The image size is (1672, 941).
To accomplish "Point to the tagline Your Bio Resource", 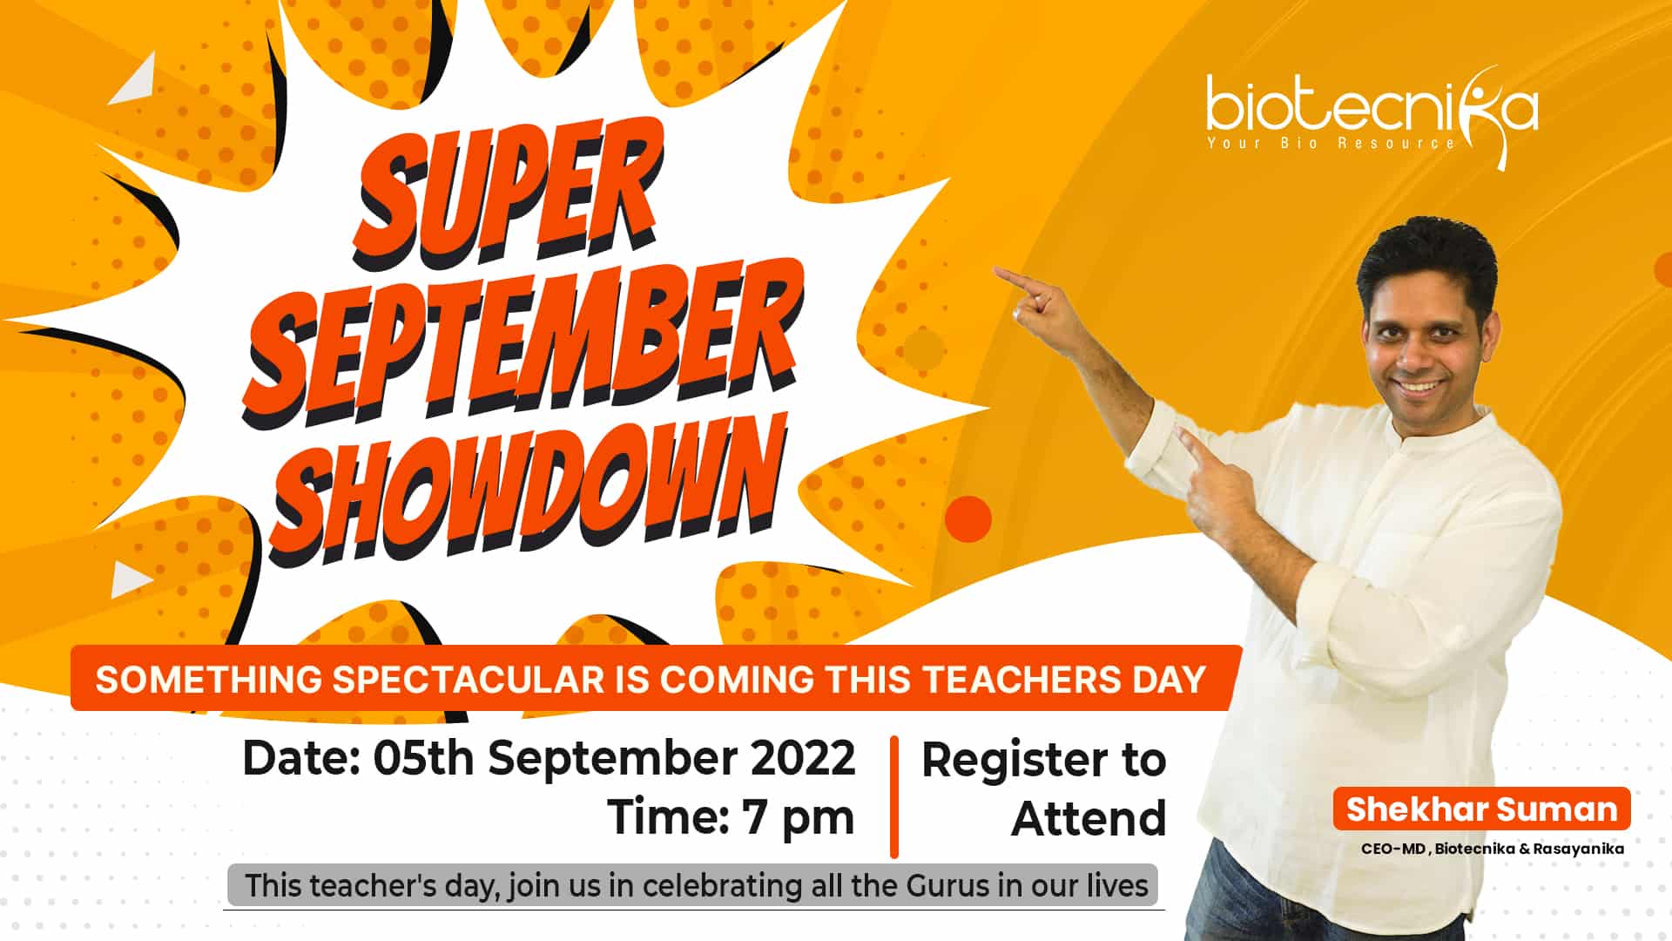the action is point(1331,143).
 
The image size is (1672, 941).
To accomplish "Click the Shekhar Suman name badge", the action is point(1481,809).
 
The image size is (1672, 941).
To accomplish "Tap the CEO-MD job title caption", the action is point(1493,849).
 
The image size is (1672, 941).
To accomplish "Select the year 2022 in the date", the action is point(803,758).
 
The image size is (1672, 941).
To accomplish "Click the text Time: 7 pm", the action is point(731,817).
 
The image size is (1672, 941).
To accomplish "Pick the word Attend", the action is point(1089,819).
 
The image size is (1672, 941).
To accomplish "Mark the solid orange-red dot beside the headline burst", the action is point(968,518).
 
